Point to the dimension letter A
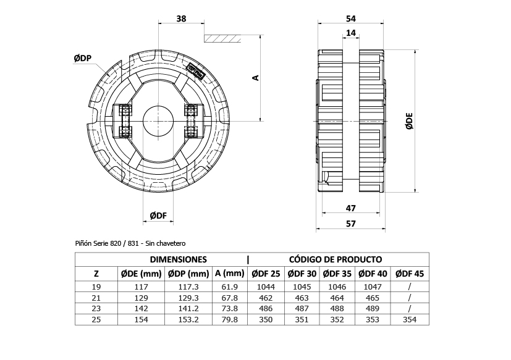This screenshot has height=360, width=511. coord(255,78)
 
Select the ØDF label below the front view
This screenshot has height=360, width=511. coord(158,215)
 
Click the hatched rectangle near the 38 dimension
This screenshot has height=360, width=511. coord(222,38)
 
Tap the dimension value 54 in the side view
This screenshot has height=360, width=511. coord(350,19)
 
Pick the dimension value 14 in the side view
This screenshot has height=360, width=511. coord(350,34)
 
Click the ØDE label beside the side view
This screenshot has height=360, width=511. coord(409,123)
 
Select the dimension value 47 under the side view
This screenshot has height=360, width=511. coord(350,209)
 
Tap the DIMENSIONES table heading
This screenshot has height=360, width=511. coord(179,259)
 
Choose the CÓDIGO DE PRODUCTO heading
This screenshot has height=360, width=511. coord(335,259)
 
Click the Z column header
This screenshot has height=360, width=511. coord(96,274)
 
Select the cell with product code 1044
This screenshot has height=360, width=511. coord(265,286)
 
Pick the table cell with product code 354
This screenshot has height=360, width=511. coord(410,319)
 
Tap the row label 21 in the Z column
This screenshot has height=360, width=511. coord(96,297)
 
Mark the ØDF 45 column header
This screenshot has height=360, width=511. coord(410,274)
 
